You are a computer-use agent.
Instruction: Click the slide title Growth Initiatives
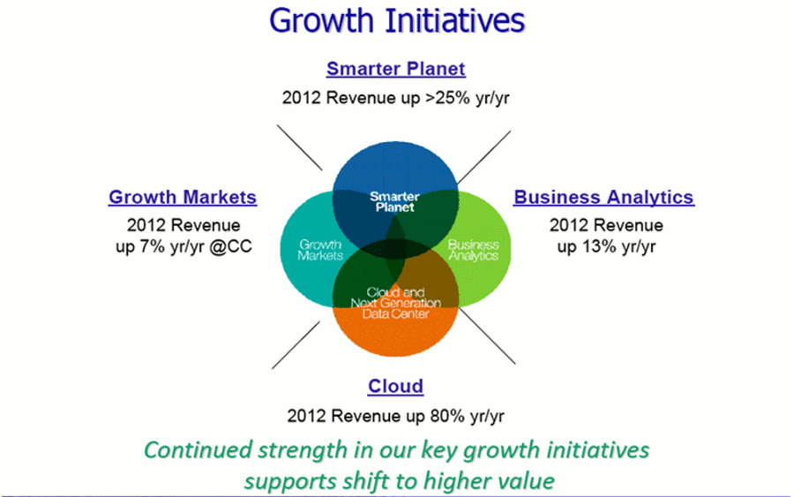pyautogui.click(x=397, y=21)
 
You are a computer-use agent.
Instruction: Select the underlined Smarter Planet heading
pyautogui.click(x=395, y=69)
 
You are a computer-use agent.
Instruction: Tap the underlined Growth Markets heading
pyautogui.click(x=183, y=197)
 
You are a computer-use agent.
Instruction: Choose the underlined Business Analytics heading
pyautogui.click(x=603, y=197)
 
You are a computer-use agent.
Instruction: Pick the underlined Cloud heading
pyautogui.click(x=395, y=386)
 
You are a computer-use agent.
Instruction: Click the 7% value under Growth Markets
pyautogui.click(x=153, y=246)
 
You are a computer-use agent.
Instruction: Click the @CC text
pyautogui.click(x=230, y=246)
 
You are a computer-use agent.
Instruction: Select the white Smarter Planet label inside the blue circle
pyautogui.click(x=394, y=201)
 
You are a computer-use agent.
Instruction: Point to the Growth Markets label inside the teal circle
pyautogui.click(x=320, y=250)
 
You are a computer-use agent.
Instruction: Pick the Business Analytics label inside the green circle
pyautogui.click(x=474, y=250)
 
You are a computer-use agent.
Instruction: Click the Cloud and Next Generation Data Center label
pyautogui.click(x=395, y=303)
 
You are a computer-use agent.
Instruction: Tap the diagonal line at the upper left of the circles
pyautogui.click(x=299, y=147)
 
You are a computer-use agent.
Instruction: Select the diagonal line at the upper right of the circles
pyautogui.click(x=484, y=156)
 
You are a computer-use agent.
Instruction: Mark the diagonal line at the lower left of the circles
pyautogui.click(x=296, y=345)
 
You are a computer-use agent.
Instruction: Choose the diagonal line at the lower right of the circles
pyautogui.click(x=487, y=335)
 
